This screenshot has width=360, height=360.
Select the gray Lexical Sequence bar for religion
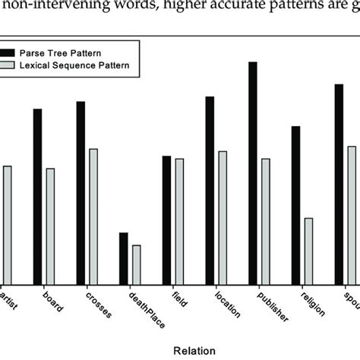click(309, 251)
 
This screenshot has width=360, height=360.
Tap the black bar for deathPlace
click(123, 258)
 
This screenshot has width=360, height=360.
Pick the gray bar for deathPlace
click(137, 264)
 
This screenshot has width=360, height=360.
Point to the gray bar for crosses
click(93, 216)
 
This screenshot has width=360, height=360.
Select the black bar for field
click(166, 219)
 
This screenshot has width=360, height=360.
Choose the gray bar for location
click(223, 217)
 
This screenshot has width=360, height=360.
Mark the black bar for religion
click(296, 205)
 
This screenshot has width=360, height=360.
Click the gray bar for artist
click(7, 224)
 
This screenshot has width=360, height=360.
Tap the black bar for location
click(210, 190)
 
